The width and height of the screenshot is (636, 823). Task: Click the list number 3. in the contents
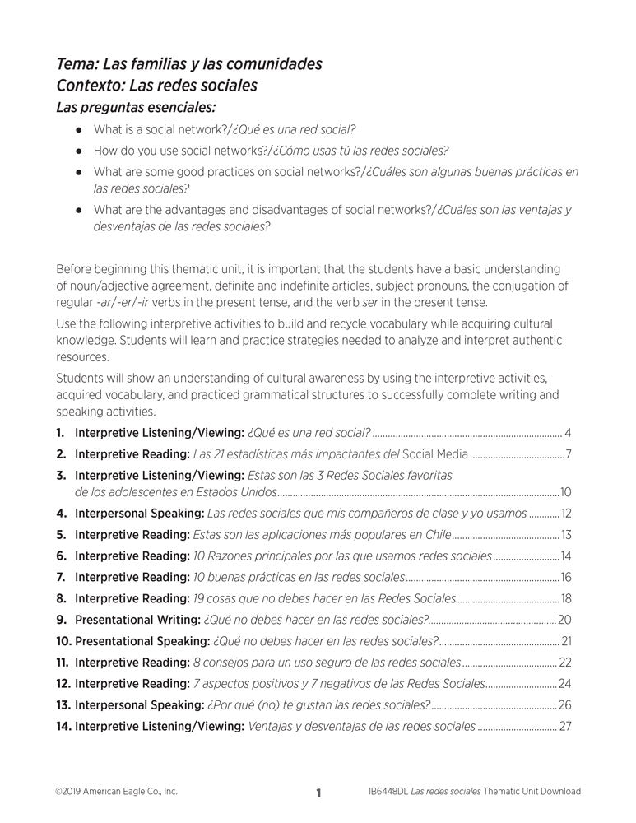62,475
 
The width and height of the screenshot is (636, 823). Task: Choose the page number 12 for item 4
566,514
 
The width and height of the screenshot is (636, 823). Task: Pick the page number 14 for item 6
566,556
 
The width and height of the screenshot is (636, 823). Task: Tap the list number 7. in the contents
62,578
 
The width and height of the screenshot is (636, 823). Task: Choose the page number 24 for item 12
565,684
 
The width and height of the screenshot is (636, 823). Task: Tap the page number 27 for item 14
565,726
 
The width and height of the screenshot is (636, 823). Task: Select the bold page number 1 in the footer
318,793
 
